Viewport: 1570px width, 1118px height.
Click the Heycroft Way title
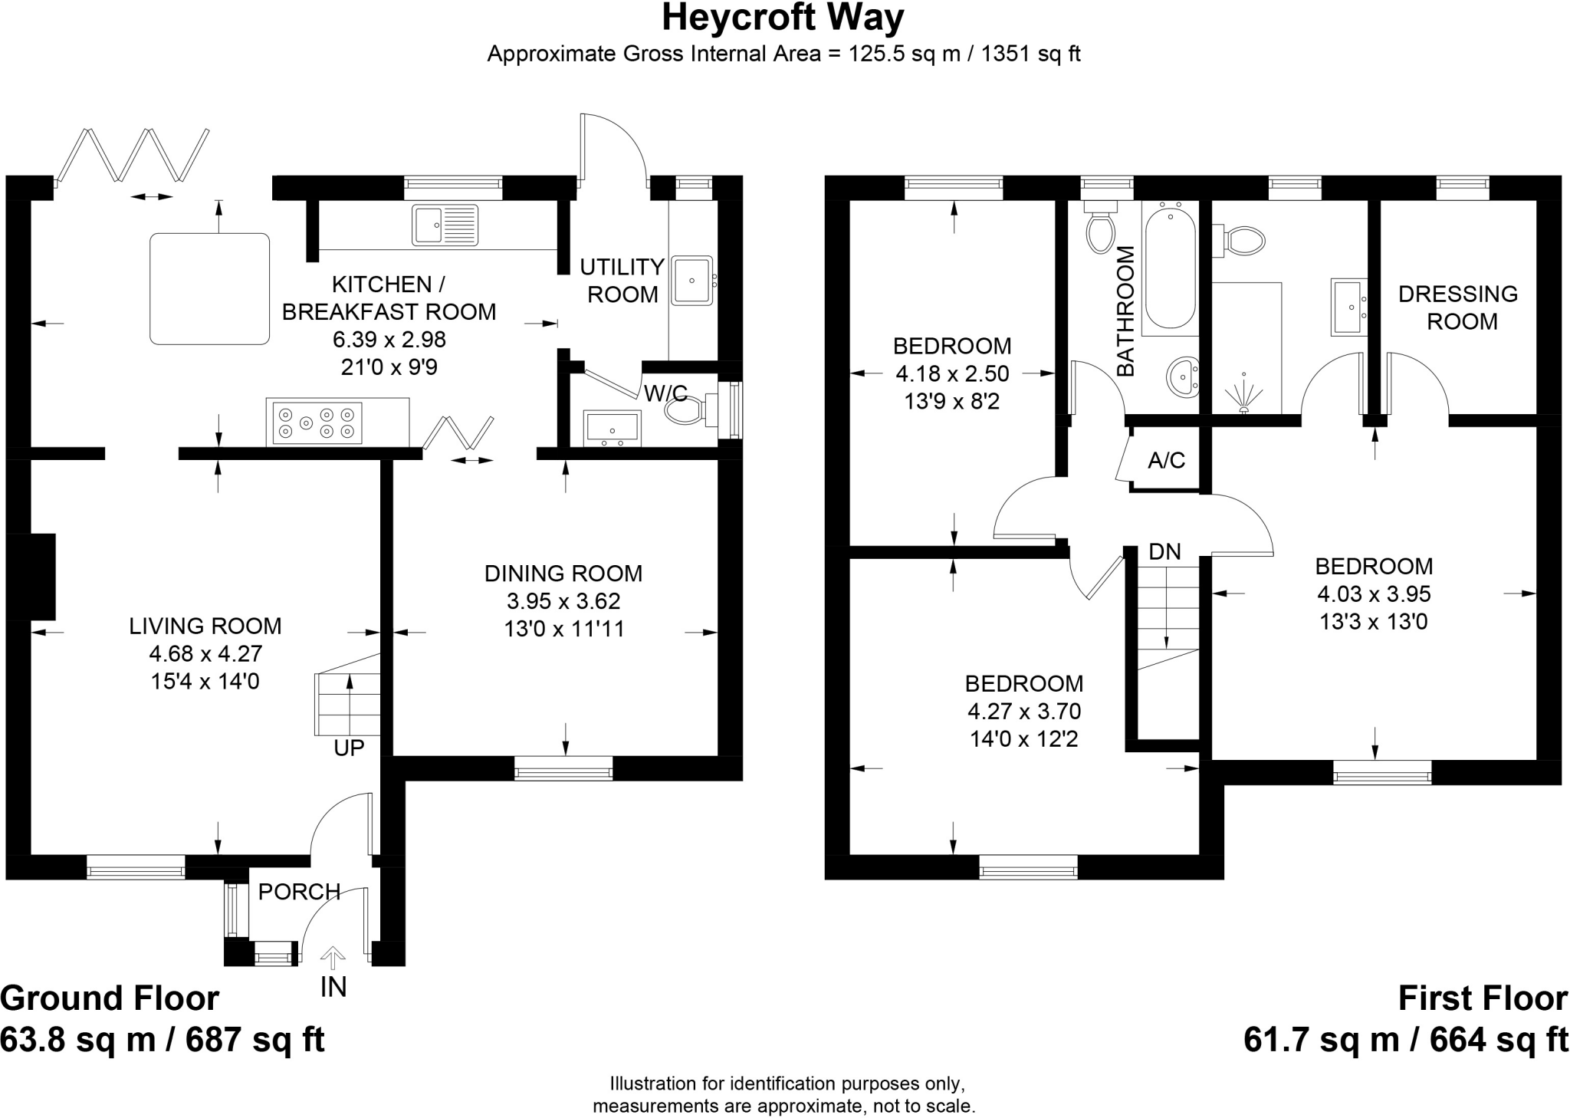(783, 18)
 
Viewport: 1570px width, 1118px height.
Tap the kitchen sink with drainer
(445, 225)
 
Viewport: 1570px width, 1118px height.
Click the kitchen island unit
(209, 288)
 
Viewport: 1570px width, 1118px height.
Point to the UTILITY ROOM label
(622, 281)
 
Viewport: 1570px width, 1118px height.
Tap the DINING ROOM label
(563, 574)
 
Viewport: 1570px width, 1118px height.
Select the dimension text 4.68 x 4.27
(205, 654)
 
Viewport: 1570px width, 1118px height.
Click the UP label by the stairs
(349, 748)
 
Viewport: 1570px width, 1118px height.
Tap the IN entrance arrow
(333, 959)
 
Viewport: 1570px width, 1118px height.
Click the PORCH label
(299, 892)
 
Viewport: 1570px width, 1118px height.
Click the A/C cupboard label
(1166, 460)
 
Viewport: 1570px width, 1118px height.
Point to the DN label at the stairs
(1164, 551)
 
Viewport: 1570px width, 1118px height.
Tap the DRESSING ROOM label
(1458, 307)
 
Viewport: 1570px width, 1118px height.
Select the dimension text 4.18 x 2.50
(952, 374)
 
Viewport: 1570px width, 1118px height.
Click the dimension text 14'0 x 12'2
(1023, 739)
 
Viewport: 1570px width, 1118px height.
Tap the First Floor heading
(1483, 998)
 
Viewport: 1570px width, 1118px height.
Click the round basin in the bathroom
(1184, 377)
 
